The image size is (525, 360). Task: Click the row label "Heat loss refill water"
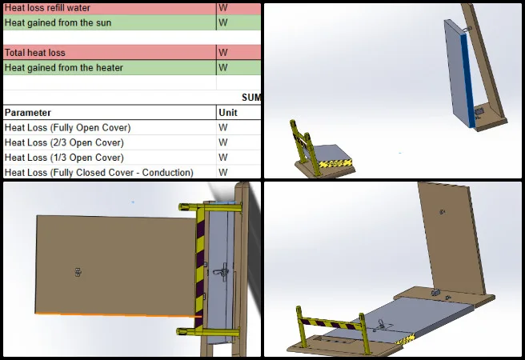click(47, 8)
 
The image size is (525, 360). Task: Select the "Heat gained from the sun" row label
click(58, 22)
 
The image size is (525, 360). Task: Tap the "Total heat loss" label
click(35, 53)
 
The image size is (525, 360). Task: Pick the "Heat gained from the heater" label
click(63, 67)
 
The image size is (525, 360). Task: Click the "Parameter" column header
click(28, 113)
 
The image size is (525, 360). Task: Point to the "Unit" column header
click(227, 113)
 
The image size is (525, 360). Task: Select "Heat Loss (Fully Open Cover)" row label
click(68, 127)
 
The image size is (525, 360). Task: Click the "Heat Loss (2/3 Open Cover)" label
click(64, 142)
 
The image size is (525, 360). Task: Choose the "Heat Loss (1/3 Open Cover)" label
click(64, 158)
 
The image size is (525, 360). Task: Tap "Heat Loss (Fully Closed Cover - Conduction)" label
click(98, 173)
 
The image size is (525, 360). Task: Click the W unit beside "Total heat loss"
click(223, 53)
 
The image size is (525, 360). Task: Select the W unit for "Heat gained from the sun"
click(223, 22)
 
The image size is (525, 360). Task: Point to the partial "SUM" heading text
click(251, 98)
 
